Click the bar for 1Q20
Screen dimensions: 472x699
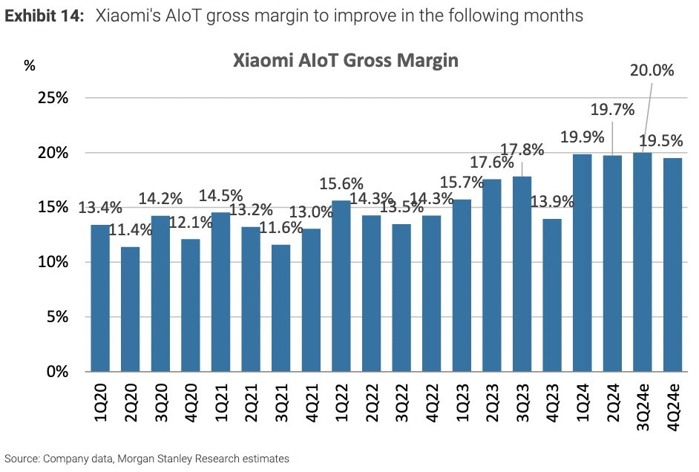[100, 298]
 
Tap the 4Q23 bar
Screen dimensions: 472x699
[551, 295]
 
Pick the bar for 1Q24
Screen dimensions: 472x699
[582, 263]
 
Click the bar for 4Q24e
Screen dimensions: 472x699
[672, 264]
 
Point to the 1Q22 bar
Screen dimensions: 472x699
[341, 286]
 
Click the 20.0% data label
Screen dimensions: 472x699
[652, 71]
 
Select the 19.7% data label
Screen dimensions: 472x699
[612, 110]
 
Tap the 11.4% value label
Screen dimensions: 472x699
[131, 230]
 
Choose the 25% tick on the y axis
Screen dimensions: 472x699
[53, 98]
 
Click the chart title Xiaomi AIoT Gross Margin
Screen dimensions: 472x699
[346, 61]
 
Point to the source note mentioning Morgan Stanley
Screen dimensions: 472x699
[146, 459]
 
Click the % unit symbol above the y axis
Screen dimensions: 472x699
[30, 65]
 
